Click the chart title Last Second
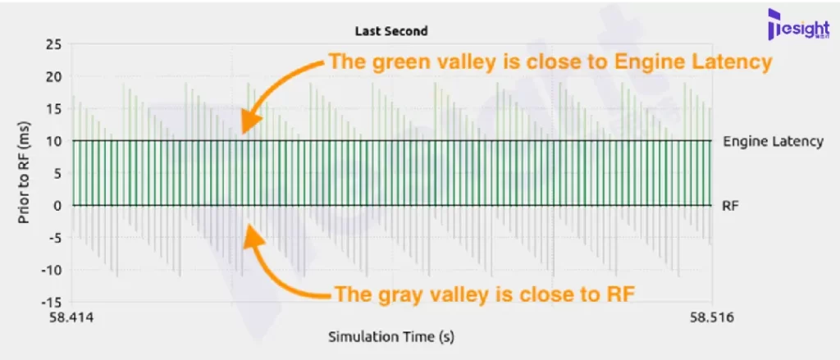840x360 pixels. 391,31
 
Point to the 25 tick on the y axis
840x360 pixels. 54,44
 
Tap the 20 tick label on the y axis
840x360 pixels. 54,76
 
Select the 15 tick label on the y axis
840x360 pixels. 54,109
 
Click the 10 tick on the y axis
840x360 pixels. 54,141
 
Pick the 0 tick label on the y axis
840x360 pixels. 58,205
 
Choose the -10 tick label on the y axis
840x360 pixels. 52,270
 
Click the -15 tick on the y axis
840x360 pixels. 52,302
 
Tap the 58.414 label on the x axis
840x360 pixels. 71,318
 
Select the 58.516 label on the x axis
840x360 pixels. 711,318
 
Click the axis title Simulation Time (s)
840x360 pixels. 391,337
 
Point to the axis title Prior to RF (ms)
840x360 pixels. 24,173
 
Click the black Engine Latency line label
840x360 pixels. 773,141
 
